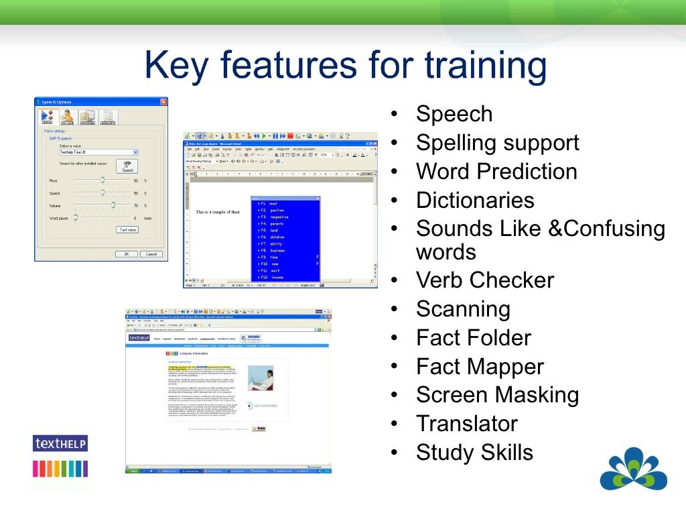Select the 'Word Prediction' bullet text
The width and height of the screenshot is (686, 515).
[x=496, y=172]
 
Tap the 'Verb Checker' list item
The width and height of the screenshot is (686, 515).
[x=484, y=280]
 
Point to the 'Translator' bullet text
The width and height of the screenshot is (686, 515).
[x=466, y=424]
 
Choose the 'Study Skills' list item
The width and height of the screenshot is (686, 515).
[x=474, y=453]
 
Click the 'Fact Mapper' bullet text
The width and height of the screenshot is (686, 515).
[x=480, y=367]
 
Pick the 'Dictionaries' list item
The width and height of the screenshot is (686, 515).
[x=475, y=201]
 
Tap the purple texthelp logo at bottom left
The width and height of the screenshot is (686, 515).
[x=60, y=443]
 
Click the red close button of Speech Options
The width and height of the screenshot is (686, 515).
[x=163, y=102]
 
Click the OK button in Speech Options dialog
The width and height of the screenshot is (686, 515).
[x=126, y=254]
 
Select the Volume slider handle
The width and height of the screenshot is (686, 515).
[x=113, y=205]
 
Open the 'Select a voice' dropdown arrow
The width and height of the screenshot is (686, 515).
[x=135, y=152]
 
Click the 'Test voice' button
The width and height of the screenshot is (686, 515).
[x=127, y=229]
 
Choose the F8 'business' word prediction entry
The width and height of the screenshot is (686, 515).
[x=277, y=250]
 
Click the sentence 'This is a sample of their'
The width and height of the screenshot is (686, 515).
[x=218, y=212]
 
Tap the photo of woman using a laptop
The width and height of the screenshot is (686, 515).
[x=261, y=378]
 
